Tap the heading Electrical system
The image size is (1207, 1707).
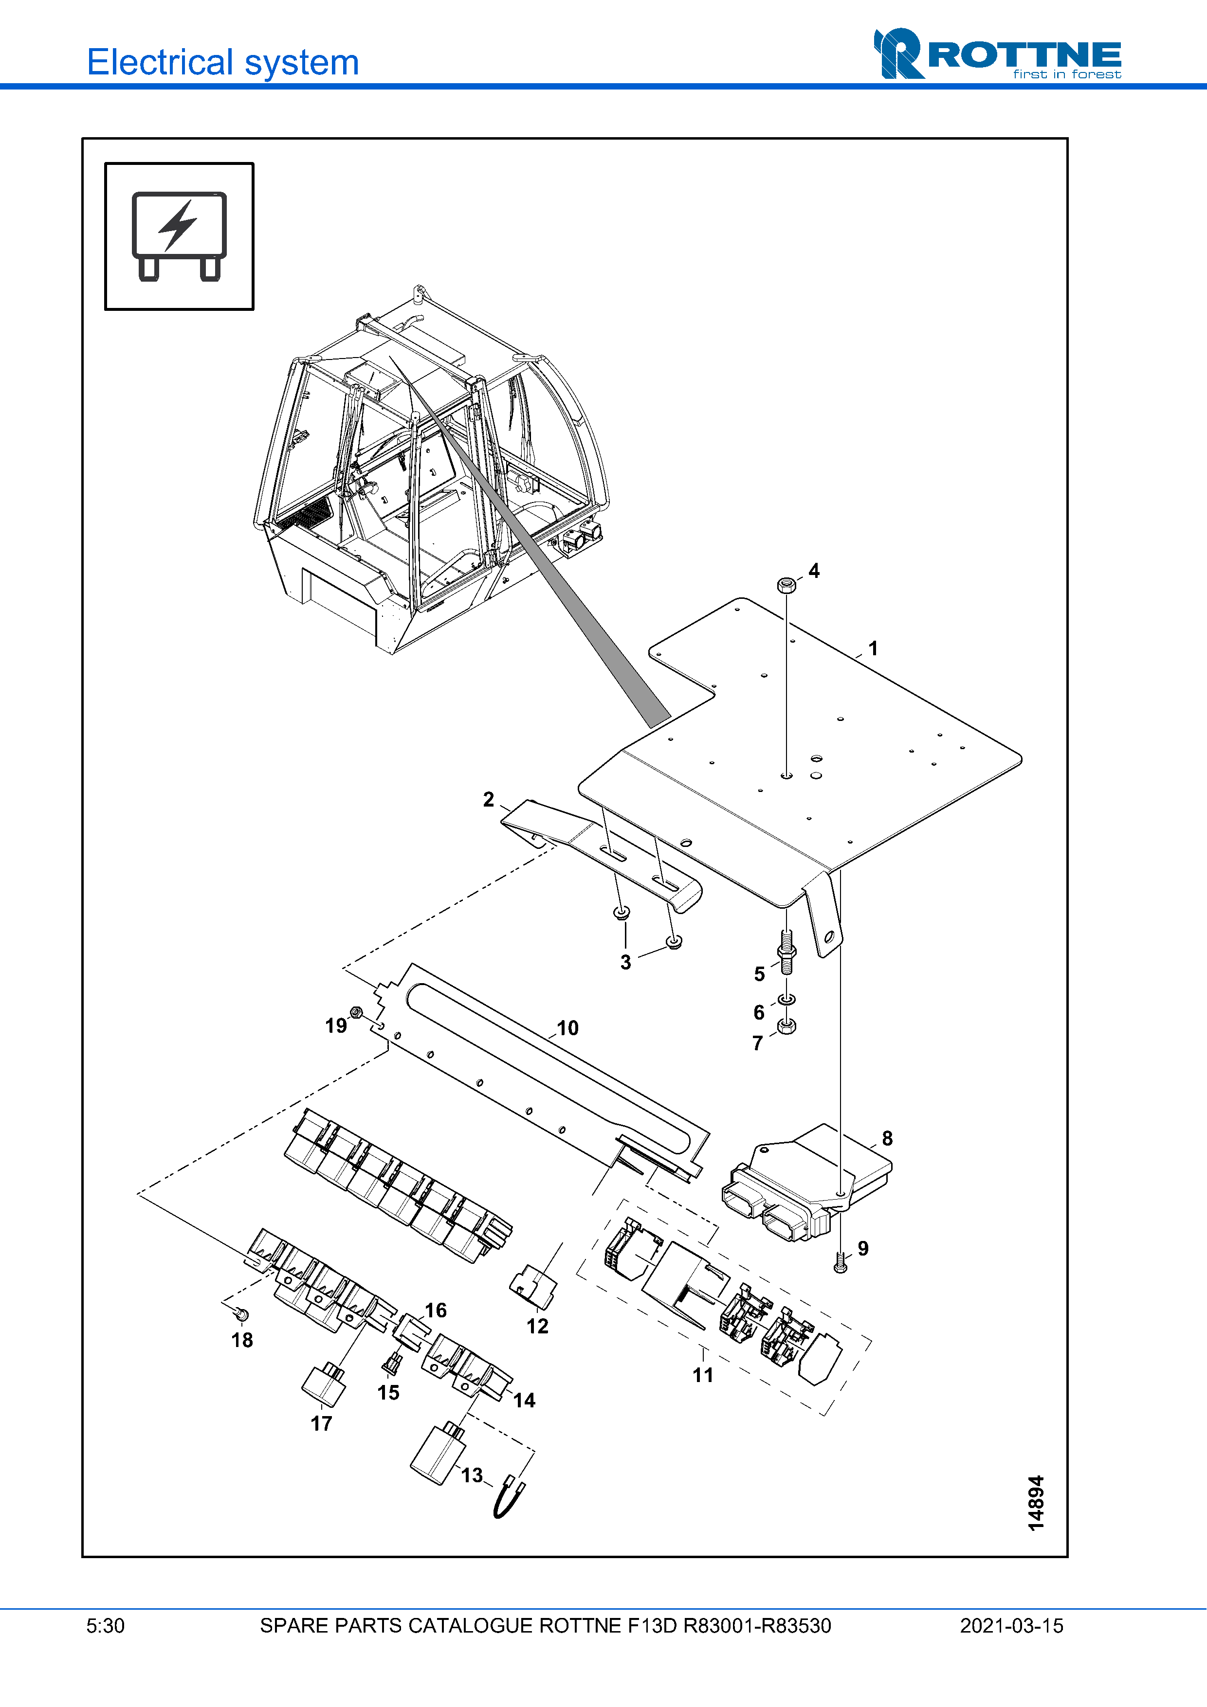point(223,62)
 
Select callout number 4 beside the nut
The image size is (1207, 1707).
point(814,571)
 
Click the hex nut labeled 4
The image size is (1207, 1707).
point(786,585)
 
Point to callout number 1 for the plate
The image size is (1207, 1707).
point(873,648)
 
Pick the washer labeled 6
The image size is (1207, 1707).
point(787,999)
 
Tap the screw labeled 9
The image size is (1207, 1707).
point(841,1264)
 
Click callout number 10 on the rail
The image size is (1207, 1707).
point(567,1028)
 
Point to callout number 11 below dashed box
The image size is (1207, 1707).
point(703,1375)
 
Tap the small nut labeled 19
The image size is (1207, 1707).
point(356,1013)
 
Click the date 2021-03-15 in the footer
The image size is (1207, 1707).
point(1011,1626)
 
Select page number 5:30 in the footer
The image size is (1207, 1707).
point(106,1626)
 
